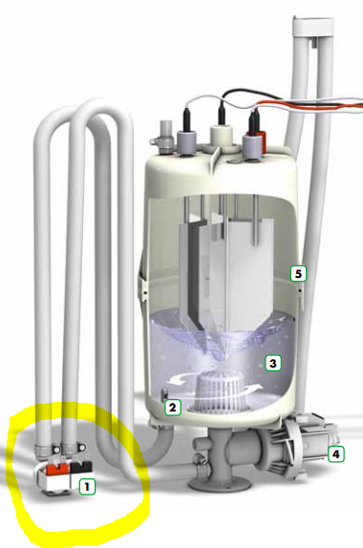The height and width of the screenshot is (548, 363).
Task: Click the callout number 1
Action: pos(87,486)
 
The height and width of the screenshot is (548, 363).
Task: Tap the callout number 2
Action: pos(172,407)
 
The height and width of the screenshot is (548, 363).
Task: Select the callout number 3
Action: pos(273,363)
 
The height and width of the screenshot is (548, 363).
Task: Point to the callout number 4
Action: pos(335,454)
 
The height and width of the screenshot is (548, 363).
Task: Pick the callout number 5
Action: pos(298,273)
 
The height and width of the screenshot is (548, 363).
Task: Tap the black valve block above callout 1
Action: pos(82,467)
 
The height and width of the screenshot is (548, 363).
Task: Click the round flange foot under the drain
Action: pos(220,484)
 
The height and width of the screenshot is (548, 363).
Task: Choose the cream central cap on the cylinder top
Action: pos(222,138)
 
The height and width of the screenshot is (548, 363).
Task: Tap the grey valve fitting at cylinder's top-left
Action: pos(162,137)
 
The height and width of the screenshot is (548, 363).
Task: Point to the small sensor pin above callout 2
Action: pos(162,395)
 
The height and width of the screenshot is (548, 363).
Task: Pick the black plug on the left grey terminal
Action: pos(186,118)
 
